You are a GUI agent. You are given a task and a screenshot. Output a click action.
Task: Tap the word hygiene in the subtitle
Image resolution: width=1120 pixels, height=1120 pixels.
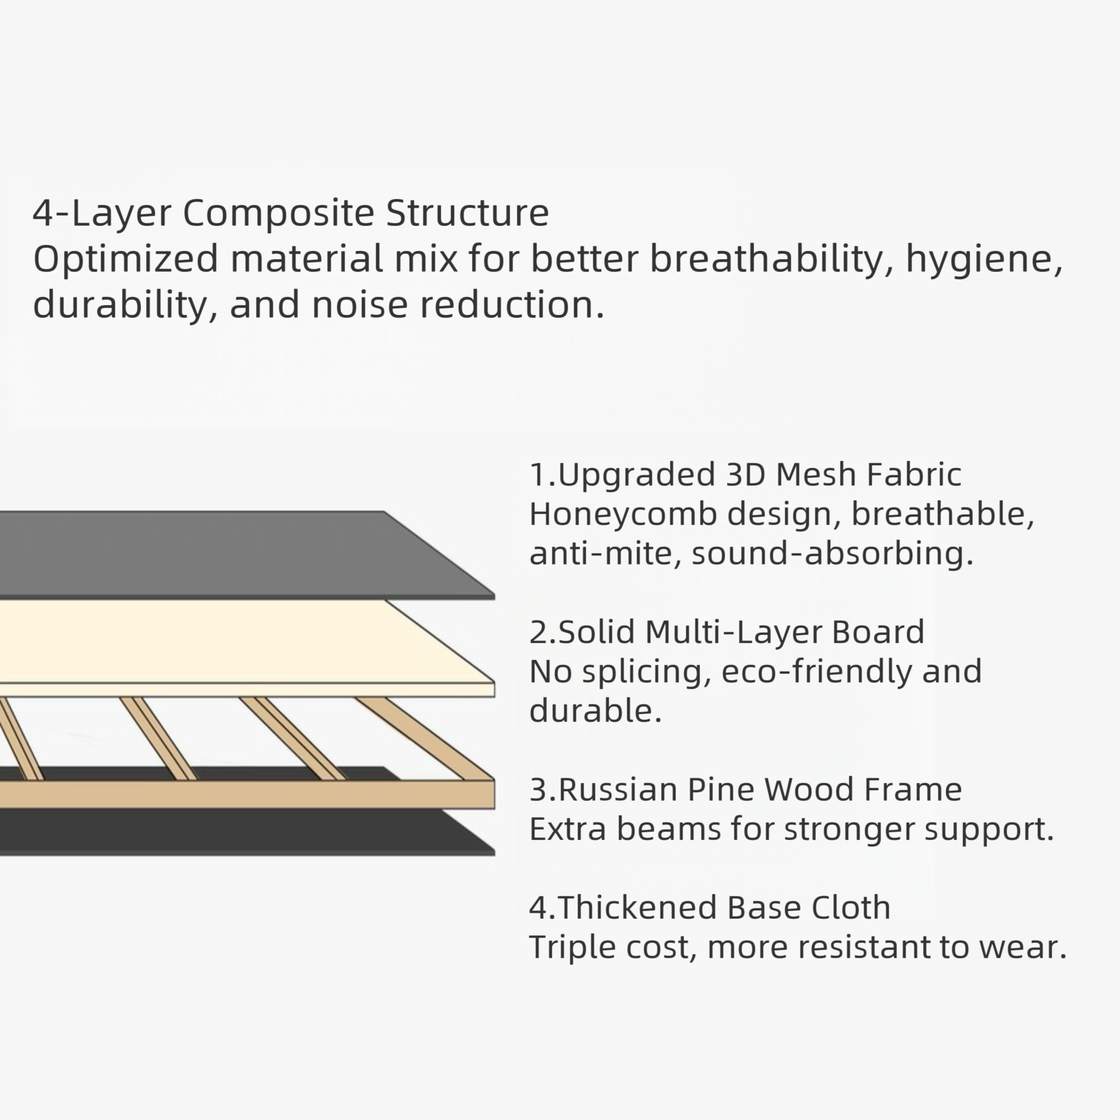coord(983,259)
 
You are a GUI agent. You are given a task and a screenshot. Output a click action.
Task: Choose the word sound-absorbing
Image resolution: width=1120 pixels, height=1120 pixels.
coord(832,553)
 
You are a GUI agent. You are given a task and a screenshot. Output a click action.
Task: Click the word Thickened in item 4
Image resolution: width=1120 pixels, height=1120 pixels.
coord(638,908)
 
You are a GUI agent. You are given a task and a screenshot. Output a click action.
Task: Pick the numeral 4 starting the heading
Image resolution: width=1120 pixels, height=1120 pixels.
coord(44,213)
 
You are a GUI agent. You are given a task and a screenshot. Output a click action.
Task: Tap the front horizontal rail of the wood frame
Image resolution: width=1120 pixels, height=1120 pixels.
coord(232,794)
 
